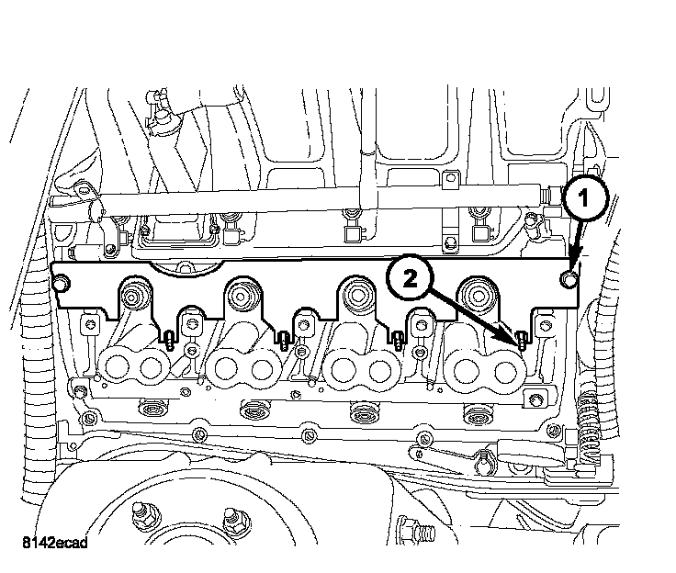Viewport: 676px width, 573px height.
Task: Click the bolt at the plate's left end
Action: pos(61,286)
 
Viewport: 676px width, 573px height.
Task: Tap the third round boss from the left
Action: pos(356,295)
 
